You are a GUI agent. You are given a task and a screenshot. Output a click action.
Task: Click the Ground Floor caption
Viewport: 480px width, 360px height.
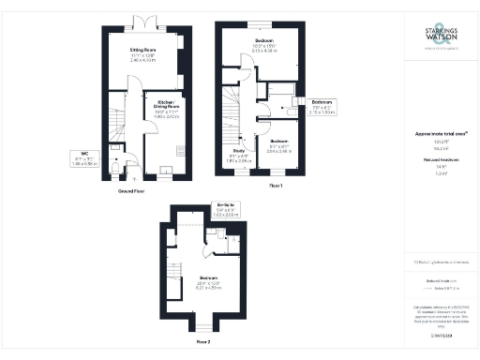click(x=130, y=190)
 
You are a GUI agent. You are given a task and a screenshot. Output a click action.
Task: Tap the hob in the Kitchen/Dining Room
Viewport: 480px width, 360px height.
click(x=165, y=170)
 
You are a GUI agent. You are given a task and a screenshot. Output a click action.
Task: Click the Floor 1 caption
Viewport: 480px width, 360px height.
click(x=275, y=187)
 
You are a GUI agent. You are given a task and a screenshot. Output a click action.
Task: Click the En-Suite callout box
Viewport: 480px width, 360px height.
click(x=226, y=211)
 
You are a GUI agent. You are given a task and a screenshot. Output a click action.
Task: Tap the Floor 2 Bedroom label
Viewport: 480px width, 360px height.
click(x=208, y=281)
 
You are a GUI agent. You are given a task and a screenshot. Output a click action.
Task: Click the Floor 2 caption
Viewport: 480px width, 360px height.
click(x=203, y=343)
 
